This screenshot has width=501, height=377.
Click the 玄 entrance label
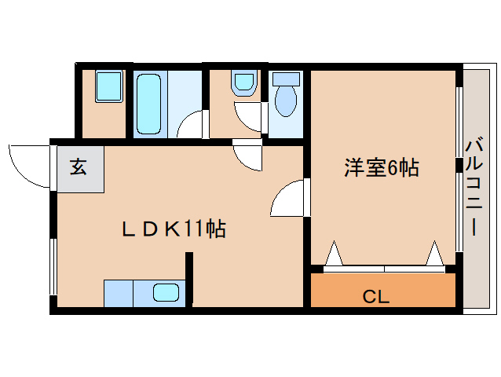pos(79,167)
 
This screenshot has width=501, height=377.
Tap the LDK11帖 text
pos(174,229)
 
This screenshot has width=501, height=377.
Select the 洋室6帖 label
pos(382,167)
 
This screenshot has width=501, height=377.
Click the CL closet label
pos(375,296)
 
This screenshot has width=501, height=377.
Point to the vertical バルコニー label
pos(474,186)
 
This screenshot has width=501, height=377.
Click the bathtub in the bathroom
pos(148,104)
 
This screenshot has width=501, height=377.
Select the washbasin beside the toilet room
pos(243,83)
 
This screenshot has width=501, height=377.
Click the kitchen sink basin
pos(166,293)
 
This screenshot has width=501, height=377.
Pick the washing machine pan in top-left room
pos(109,86)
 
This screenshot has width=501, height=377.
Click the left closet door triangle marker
pos(334,253)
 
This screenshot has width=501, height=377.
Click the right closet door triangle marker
pos(434,253)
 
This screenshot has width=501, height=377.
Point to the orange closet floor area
pos(382,290)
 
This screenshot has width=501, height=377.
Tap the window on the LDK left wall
pos(53,266)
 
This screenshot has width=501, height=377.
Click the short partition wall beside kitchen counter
pos(189,277)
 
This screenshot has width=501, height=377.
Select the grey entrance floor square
pos(81,169)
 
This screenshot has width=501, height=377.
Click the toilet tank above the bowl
pos(286,79)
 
